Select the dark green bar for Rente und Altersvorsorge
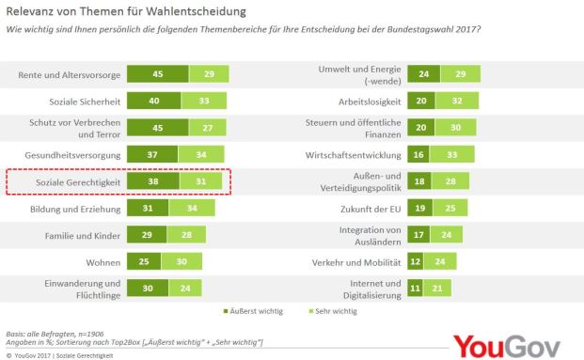coord(157,74)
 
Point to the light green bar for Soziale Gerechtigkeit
coord(202,181)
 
